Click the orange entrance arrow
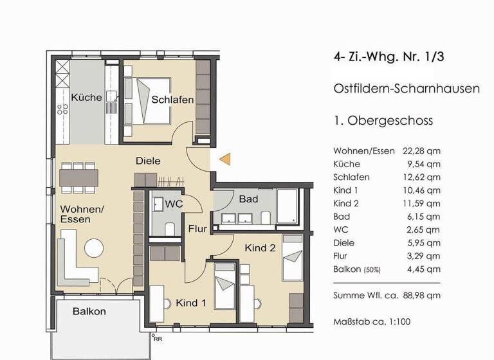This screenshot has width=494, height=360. (224, 159)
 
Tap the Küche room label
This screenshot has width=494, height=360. (86, 98)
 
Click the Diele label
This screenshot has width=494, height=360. (148, 161)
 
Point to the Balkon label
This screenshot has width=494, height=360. (89, 311)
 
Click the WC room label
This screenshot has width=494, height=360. (174, 204)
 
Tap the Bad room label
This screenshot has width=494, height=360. (248, 199)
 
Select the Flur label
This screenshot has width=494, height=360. (197, 228)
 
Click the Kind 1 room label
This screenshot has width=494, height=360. (190, 302)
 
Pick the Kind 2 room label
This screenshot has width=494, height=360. (260, 247)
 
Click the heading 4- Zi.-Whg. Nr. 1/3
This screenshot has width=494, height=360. (389, 57)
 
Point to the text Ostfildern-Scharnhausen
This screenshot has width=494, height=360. (407, 89)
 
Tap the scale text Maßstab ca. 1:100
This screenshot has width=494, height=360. (372, 321)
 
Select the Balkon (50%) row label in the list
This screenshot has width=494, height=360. (357, 269)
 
